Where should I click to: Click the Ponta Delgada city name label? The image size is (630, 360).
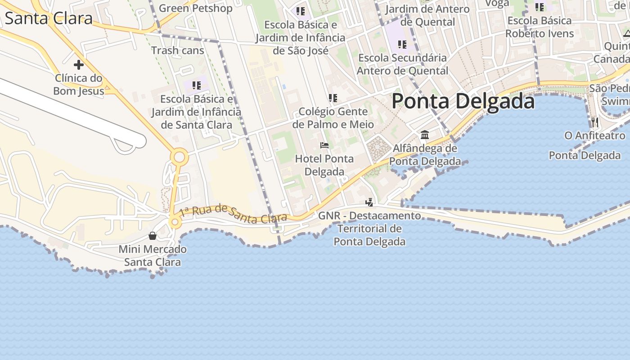[463, 101]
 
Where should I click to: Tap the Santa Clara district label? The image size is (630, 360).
[49, 18]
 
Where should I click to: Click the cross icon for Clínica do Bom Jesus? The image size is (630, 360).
[79, 65]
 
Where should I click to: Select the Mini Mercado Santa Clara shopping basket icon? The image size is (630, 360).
[153, 236]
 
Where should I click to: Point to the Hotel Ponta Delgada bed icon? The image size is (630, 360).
[324, 145]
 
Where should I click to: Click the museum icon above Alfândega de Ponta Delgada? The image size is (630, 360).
[424, 135]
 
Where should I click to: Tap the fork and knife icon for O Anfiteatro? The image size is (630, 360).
[595, 121]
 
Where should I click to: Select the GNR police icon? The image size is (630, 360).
[369, 202]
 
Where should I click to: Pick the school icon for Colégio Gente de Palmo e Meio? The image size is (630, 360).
[333, 98]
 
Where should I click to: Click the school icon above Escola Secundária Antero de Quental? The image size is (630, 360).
[402, 44]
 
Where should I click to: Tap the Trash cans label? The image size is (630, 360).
[178, 50]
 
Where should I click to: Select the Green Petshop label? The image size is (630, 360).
[196, 8]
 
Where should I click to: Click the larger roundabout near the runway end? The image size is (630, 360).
[179, 157]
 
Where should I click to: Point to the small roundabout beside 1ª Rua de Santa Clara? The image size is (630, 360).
[175, 222]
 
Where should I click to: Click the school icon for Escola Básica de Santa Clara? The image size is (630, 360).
[196, 85]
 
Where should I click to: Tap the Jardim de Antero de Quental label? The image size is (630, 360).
[427, 15]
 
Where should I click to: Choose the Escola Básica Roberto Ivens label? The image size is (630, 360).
[540, 27]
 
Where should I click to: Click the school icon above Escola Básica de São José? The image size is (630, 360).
[301, 11]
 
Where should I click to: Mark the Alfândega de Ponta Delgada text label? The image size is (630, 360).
[425, 155]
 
